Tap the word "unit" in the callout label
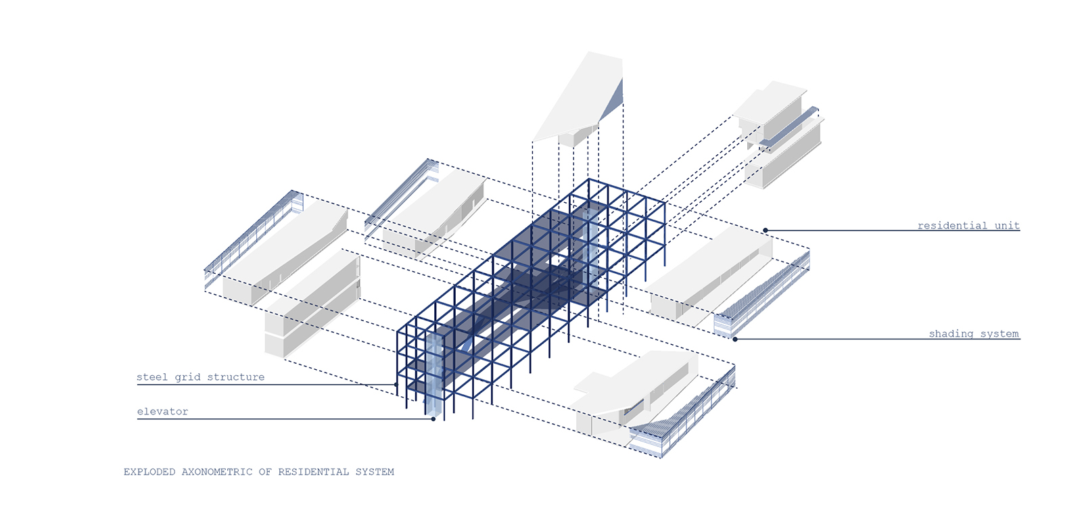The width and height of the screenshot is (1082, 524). point(1007,226)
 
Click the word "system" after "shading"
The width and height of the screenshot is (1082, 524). point(999,334)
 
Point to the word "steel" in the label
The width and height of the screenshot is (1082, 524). point(152,377)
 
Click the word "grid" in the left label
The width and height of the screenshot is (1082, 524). point(187,377)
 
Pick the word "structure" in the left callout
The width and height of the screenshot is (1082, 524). point(236,377)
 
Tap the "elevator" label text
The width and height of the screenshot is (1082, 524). point(162,412)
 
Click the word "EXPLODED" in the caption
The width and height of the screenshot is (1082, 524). point(149,472)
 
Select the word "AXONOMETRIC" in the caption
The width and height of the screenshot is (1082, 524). point(217,472)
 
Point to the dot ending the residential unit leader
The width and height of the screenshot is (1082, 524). point(766,231)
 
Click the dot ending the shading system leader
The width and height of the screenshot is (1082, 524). point(735,339)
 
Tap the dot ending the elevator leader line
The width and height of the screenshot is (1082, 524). point(433,419)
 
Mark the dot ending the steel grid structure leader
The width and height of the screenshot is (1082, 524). point(396,385)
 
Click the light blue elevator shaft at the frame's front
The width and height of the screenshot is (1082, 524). point(434,375)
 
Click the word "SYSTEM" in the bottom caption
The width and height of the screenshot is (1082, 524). point(375,472)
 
